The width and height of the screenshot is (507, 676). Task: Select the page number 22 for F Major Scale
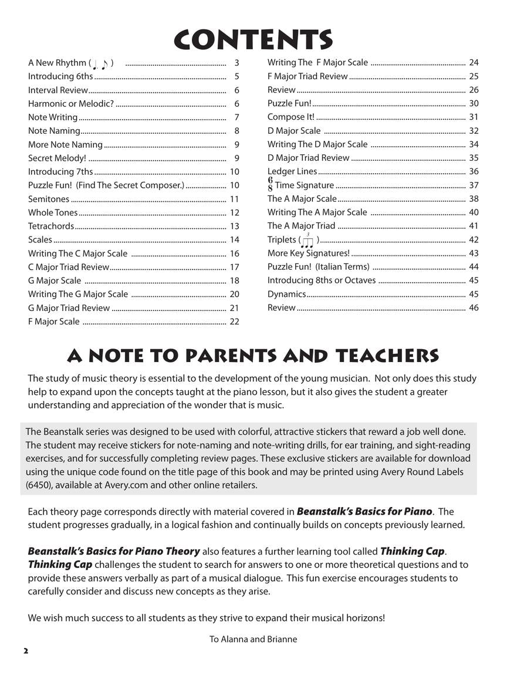[x=234, y=322]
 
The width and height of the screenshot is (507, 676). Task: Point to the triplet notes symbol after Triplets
[x=307, y=239]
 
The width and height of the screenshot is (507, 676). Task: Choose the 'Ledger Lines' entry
[x=292, y=171]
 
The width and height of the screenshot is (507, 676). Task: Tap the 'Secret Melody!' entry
[x=57, y=158]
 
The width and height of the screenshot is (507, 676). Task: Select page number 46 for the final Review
[x=474, y=307]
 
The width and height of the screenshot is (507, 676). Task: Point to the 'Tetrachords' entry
[x=51, y=226]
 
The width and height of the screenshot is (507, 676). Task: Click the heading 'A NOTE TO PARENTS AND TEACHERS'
[x=253, y=356]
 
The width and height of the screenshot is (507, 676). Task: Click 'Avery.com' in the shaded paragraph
[x=127, y=485]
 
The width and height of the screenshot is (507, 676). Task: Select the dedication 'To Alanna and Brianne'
[x=253, y=639]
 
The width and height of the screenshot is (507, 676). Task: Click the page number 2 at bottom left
[x=26, y=651]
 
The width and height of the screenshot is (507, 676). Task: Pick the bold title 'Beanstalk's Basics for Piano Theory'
[x=114, y=551]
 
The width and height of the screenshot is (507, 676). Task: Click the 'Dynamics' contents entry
[x=286, y=294]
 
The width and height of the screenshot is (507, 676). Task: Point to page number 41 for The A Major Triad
[x=474, y=226]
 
